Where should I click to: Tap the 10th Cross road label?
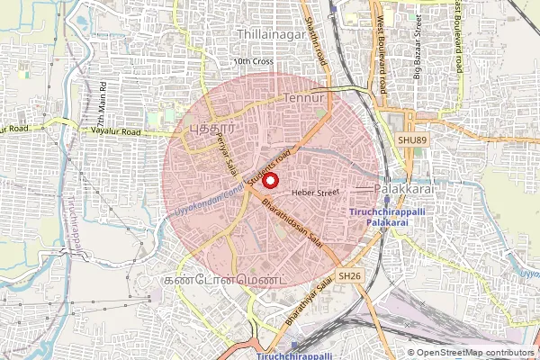point(252,61)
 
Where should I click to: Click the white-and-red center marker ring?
point(268,179)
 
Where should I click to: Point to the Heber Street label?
point(313,192)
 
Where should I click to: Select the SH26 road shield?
point(350,276)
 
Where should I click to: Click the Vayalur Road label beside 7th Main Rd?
point(117,132)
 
